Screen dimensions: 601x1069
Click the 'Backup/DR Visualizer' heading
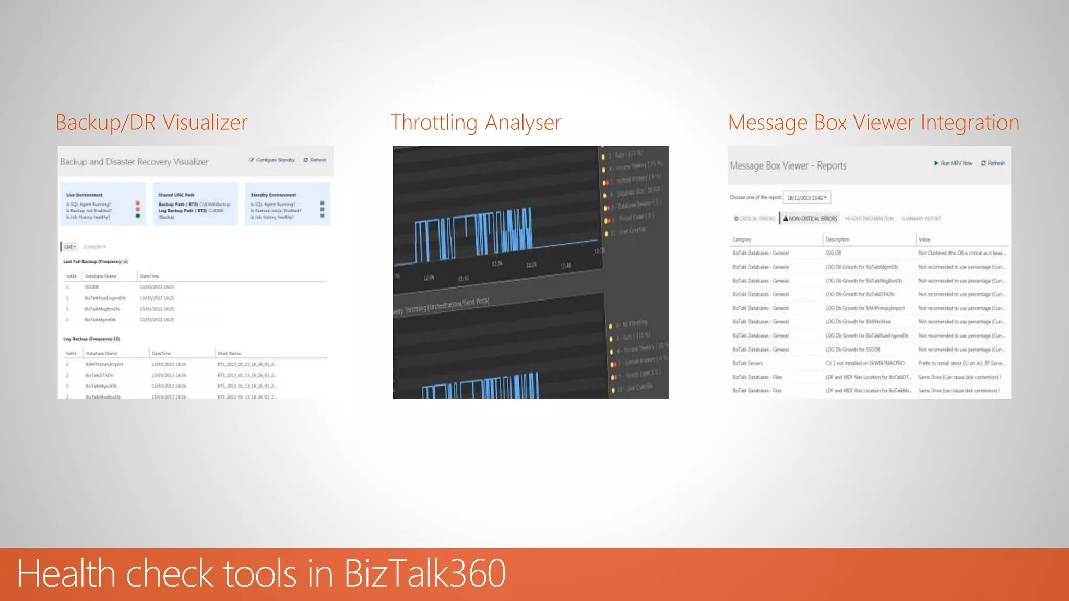(x=151, y=123)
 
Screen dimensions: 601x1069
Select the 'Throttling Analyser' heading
(x=476, y=123)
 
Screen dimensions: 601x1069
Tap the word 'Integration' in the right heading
(x=969, y=123)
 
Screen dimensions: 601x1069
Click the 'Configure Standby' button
(x=272, y=160)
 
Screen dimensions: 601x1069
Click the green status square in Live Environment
(x=138, y=216)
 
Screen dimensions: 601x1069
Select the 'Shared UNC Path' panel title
(x=176, y=195)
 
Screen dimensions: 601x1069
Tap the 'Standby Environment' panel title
(x=273, y=195)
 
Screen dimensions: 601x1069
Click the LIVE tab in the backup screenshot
(x=69, y=247)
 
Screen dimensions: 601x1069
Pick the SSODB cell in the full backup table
(x=91, y=287)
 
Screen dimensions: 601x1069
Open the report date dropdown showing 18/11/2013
(x=806, y=198)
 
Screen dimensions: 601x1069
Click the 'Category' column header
(x=742, y=239)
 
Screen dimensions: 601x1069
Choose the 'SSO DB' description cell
(x=833, y=253)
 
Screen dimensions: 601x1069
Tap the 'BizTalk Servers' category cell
(x=747, y=363)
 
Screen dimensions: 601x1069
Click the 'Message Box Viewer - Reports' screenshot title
(x=788, y=166)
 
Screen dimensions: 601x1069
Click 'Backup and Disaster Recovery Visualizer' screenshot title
(x=134, y=162)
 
